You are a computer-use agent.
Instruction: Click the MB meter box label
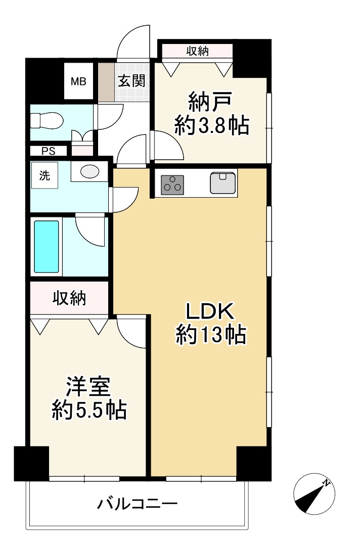point(78,81)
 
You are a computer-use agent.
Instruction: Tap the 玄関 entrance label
point(132,81)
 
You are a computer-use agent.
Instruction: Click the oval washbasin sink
point(90,172)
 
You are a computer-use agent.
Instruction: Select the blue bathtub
point(47,247)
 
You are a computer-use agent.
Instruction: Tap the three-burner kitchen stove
point(172,184)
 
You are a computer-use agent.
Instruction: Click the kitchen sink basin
point(223,183)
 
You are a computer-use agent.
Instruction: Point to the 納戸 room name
point(210,103)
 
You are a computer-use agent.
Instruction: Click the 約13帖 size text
point(211,334)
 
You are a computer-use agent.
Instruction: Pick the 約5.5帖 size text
point(89,410)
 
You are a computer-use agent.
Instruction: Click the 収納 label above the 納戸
point(197,51)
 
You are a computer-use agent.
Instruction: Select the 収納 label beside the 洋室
point(69,298)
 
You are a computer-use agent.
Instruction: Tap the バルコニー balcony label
point(137,503)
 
